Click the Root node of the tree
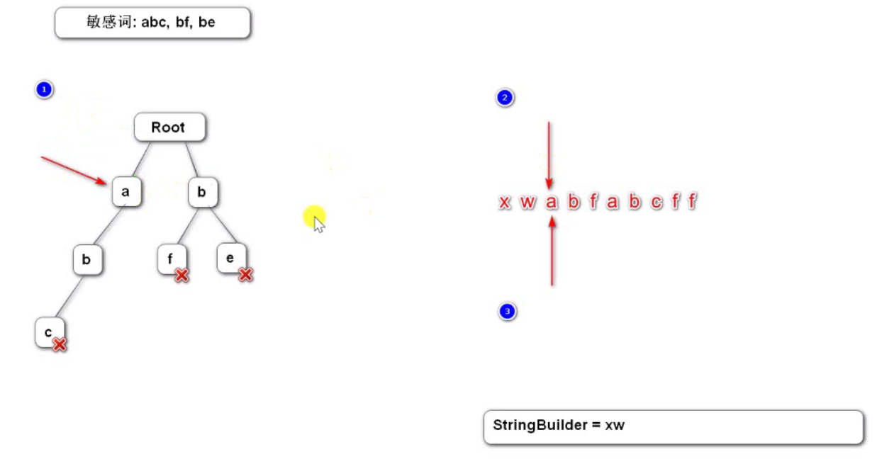pos(169,127)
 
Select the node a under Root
pos(125,192)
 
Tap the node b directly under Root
pos(202,192)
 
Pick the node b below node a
pos(86,260)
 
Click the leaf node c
pos(48,331)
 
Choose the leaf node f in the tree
pos(170,259)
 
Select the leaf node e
pos(230,258)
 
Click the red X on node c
pos(60,345)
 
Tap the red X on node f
pos(182,275)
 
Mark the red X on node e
pos(245,274)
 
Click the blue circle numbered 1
pos(44,90)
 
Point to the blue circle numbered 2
pos(505,98)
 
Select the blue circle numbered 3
pos(506,311)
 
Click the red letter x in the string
pos(505,203)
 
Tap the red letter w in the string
pos(527,203)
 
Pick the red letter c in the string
pos(657,203)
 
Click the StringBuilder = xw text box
pos(673,426)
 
